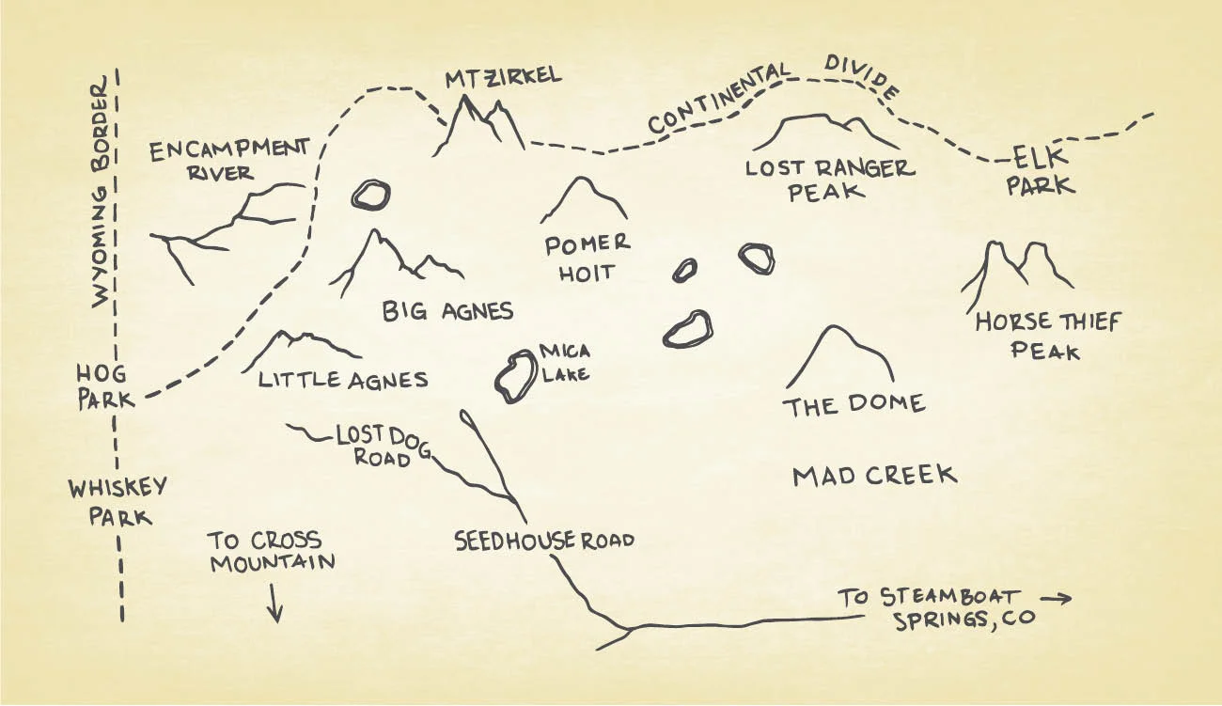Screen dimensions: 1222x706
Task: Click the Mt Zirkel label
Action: [x=503, y=76]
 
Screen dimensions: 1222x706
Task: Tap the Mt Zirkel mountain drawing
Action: [x=480, y=127]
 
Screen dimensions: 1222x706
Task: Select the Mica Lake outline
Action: [x=513, y=377]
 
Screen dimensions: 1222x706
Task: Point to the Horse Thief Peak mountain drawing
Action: [x=1016, y=267]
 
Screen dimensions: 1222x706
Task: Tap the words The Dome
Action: [x=854, y=405]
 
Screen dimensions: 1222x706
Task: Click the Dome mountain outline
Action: [x=838, y=357]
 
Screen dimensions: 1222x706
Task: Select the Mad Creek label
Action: [x=874, y=476]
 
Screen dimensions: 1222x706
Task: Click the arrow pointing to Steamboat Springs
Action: [x=1056, y=597]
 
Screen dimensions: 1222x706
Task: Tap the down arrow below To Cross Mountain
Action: [x=274, y=602]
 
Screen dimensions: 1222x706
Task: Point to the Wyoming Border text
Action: [x=102, y=196]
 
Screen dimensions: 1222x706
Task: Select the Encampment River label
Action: [x=228, y=160]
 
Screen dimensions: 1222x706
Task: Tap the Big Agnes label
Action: [x=447, y=311]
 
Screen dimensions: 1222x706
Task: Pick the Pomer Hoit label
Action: [x=587, y=259]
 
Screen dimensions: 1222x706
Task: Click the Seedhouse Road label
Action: [x=544, y=541]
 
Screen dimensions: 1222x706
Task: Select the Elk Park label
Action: [x=1040, y=172]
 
